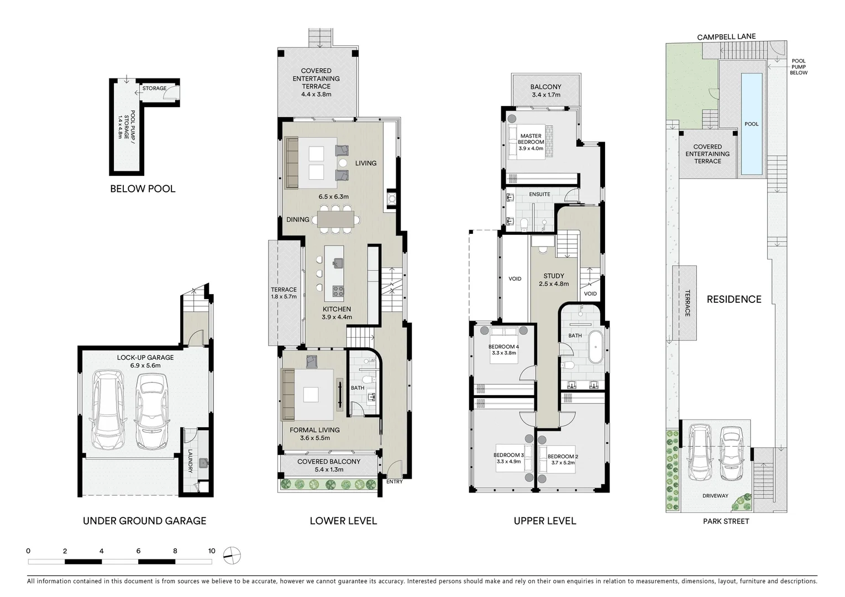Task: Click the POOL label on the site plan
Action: pos(751,124)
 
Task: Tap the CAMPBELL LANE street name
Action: pos(726,37)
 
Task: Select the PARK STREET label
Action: pos(726,521)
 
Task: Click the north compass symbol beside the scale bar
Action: pos(232,554)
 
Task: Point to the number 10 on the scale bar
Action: pos(212,551)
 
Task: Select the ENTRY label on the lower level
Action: pos(395,481)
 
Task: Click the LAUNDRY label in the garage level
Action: pos(189,460)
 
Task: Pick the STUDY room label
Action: pos(553,276)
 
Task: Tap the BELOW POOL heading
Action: pos(143,188)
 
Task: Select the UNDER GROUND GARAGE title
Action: pos(144,521)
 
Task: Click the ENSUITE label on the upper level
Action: pos(539,194)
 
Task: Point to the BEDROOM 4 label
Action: pos(503,347)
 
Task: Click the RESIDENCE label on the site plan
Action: pos(733,299)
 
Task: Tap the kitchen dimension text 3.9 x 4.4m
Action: pos(337,317)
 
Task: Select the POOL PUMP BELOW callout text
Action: pos(798,67)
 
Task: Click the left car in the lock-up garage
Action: pos(108,409)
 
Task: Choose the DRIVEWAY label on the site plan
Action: pos(715,496)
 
